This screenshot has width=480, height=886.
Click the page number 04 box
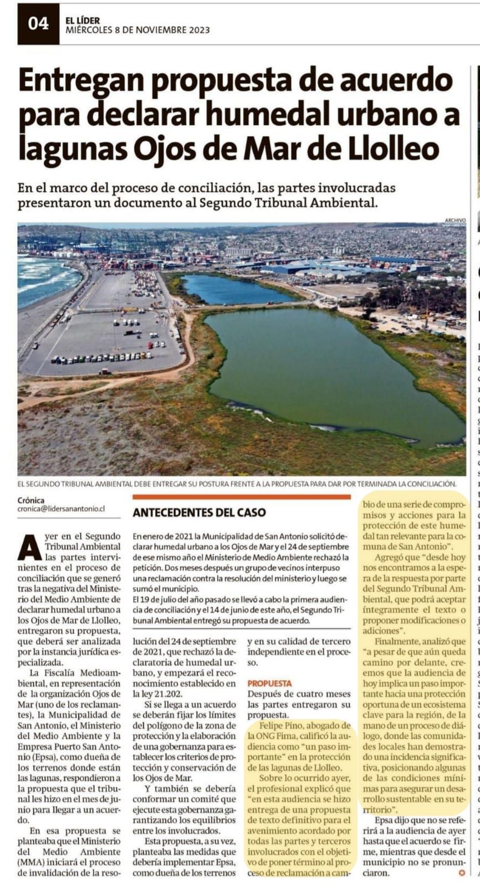click(38, 23)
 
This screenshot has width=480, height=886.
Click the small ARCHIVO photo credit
click(455, 221)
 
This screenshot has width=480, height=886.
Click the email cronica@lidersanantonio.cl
click(61, 508)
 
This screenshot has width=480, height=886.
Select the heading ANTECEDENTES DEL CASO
click(198, 513)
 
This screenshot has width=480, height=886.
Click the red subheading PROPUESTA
click(269, 683)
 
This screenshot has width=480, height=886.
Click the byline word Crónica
click(31, 500)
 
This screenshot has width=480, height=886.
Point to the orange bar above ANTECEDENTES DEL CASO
click(241, 497)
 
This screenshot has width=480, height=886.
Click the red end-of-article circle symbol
click(459, 874)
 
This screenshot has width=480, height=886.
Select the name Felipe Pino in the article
click(280, 725)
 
